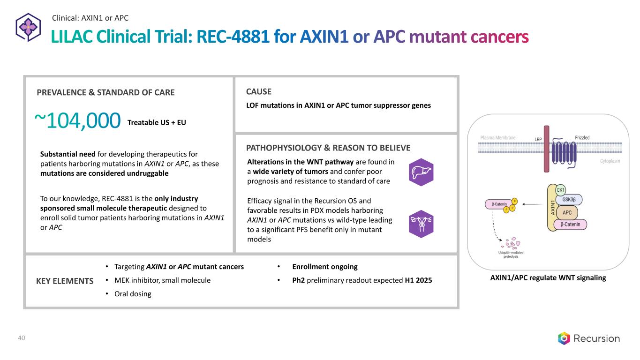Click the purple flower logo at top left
pyautogui.click(x=28, y=28)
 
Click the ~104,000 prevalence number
pyautogui.click(x=77, y=120)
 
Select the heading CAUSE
pyautogui.click(x=258, y=92)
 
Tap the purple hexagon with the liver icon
pyautogui.click(x=421, y=172)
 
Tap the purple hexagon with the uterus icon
pyautogui.click(x=421, y=224)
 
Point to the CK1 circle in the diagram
pyautogui.click(x=560, y=190)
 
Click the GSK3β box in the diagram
pyautogui.click(x=569, y=199)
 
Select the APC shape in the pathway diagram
pyautogui.click(x=567, y=212)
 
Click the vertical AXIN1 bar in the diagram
pyautogui.click(x=552, y=208)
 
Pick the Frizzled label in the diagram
pyautogui.click(x=582, y=138)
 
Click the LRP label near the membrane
pyautogui.click(x=538, y=139)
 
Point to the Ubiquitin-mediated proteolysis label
pyautogui.click(x=511, y=255)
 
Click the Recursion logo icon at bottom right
pyautogui.click(x=564, y=338)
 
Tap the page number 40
pyautogui.click(x=22, y=338)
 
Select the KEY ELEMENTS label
pyautogui.click(x=65, y=281)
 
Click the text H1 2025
pyautogui.click(x=418, y=280)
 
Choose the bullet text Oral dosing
pyautogui.click(x=133, y=294)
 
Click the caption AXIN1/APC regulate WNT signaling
pyautogui.click(x=548, y=277)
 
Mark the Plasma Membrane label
pyautogui.click(x=498, y=138)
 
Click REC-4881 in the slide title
pyautogui.click(x=233, y=37)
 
